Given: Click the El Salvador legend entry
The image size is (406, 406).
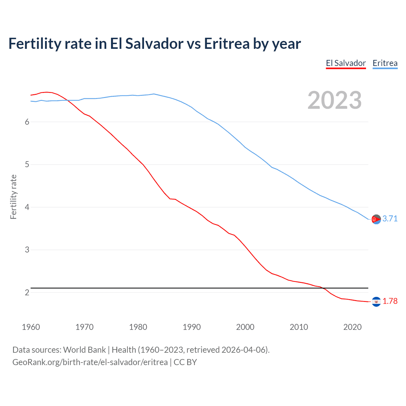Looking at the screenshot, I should tap(346, 63).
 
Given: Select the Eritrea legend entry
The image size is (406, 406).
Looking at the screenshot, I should tap(385, 63).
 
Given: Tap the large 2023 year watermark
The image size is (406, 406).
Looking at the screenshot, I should tap(334, 100).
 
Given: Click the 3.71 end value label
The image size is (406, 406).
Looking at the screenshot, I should tap(390, 219).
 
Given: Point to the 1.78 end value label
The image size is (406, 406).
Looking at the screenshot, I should tap(390, 301).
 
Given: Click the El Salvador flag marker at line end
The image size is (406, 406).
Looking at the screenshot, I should tap(376, 301).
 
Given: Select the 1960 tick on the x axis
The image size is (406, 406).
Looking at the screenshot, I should tap(31, 327).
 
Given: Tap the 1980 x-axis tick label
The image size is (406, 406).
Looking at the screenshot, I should tap(138, 327).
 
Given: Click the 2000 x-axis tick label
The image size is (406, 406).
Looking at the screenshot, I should tap(245, 327).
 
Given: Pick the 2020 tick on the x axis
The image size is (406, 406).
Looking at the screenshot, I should tap(352, 327).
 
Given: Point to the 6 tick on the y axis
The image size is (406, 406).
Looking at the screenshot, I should tap(27, 122).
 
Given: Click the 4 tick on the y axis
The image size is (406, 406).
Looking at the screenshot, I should tap(27, 207).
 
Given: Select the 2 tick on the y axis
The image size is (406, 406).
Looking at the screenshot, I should tap(27, 292).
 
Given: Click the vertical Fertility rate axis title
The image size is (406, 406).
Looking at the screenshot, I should tap(13, 197).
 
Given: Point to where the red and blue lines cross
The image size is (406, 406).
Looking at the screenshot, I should tap(67, 100).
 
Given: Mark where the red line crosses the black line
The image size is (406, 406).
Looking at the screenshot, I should tap(324, 288).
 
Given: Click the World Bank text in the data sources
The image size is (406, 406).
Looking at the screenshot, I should tap(84, 350).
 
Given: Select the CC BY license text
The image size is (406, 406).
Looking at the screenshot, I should tap(185, 362).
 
